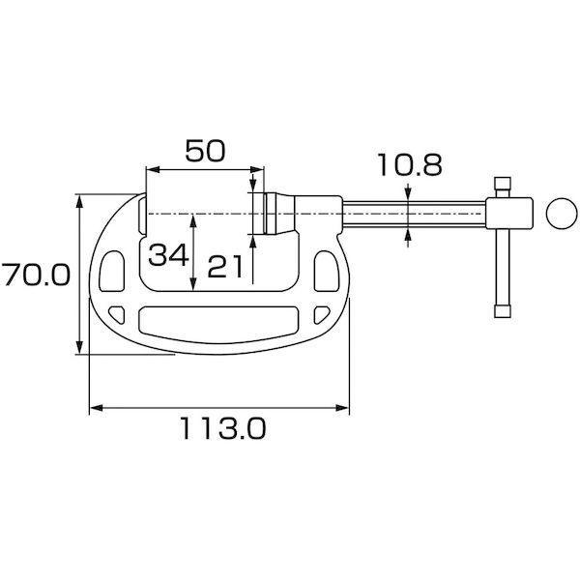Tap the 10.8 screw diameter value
410,165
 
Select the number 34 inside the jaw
167,255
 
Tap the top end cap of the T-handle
502,184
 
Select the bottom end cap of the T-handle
502,311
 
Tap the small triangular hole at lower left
119,313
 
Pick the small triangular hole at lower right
318,313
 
